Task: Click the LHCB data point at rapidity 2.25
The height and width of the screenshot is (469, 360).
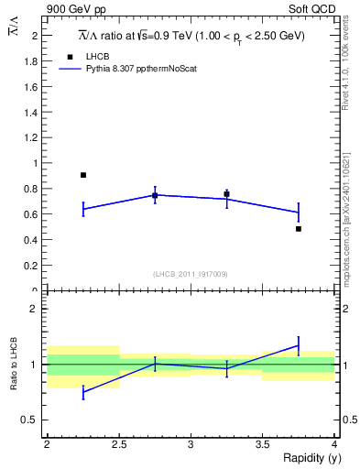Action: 83,175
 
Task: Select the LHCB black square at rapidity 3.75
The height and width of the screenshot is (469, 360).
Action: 299,229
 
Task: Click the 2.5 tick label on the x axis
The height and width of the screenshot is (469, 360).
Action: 119,444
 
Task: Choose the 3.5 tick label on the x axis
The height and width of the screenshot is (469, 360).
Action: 263,444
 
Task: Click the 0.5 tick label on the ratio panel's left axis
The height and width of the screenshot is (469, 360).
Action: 33,420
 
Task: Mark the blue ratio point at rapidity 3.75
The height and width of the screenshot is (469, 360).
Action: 299,345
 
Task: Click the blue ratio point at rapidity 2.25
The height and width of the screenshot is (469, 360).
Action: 83,392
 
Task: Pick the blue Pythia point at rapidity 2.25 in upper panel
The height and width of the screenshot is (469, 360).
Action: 83,209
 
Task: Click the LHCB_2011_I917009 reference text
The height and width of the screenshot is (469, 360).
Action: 191,274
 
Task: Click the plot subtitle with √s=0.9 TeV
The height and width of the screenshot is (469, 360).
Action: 191,35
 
